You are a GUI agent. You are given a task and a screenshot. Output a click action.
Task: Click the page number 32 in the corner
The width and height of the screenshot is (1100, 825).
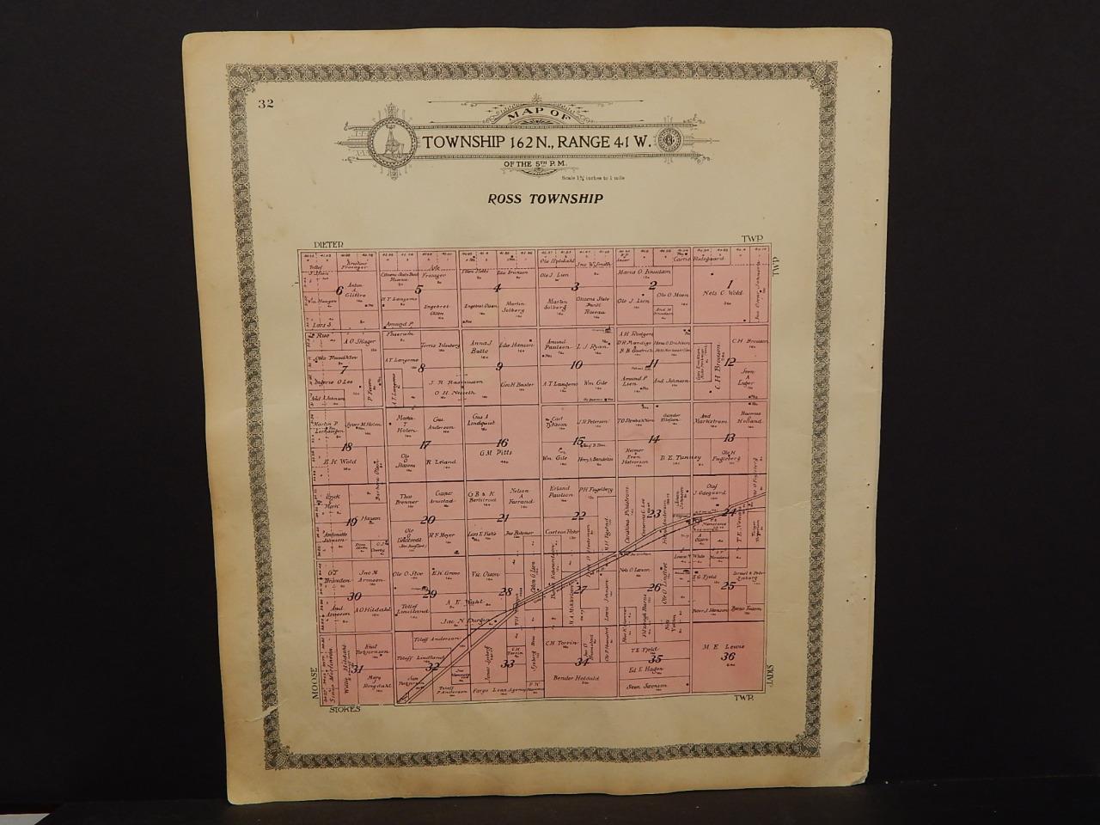pyautogui.click(x=265, y=105)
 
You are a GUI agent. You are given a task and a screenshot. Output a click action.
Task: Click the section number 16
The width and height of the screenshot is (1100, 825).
pyautogui.click(x=502, y=443)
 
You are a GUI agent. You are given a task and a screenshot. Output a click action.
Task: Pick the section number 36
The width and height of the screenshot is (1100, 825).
pyautogui.click(x=730, y=657)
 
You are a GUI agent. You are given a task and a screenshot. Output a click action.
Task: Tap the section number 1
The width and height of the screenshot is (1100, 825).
pyautogui.click(x=730, y=285)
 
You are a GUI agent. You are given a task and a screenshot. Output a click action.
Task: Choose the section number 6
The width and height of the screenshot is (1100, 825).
pyautogui.click(x=340, y=290)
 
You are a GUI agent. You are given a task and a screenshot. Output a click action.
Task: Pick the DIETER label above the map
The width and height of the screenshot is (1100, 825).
pyautogui.click(x=328, y=244)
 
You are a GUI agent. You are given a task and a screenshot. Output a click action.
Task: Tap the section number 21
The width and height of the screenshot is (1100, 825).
pyautogui.click(x=504, y=517)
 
